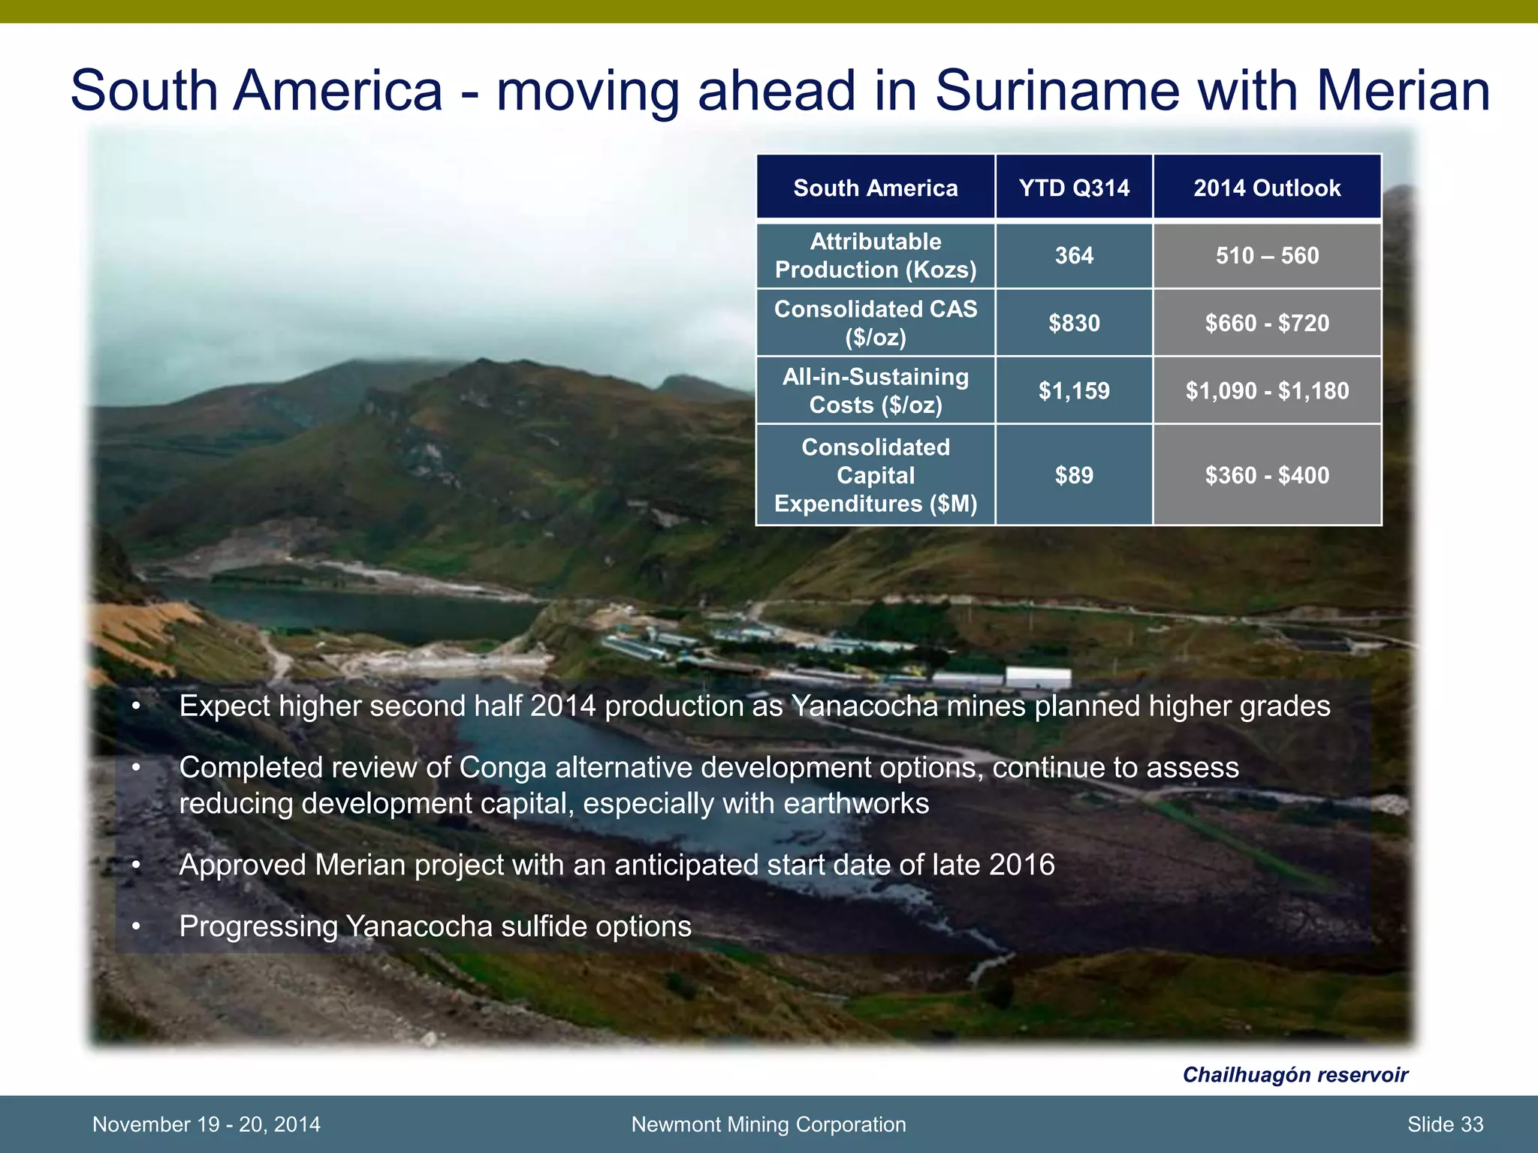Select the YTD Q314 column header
pyautogui.click(x=1074, y=188)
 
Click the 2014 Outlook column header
pyautogui.click(x=1267, y=188)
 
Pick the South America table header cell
pyautogui.click(x=876, y=188)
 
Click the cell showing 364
pyautogui.click(x=1074, y=256)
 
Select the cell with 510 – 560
pyautogui.click(x=1267, y=256)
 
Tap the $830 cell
pyautogui.click(x=1074, y=324)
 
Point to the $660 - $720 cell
pyautogui.click(x=1267, y=324)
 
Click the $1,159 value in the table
pyautogui.click(x=1074, y=391)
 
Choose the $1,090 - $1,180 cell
pyautogui.click(x=1267, y=391)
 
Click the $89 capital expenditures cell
pyautogui.click(x=1074, y=475)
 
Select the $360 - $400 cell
pyautogui.click(x=1267, y=475)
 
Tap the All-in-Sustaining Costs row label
pyautogui.click(x=876, y=391)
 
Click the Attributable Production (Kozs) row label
pyautogui.click(x=876, y=256)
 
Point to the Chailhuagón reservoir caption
pyautogui.click(x=1295, y=1075)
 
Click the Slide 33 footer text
pyautogui.click(x=1445, y=1124)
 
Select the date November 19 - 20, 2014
pyautogui.click(x=206, y=1124)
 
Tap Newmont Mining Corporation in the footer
pyautogui.click(x=768, y=1124)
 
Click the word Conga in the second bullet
pyautogui.click(x=502, y=768)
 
